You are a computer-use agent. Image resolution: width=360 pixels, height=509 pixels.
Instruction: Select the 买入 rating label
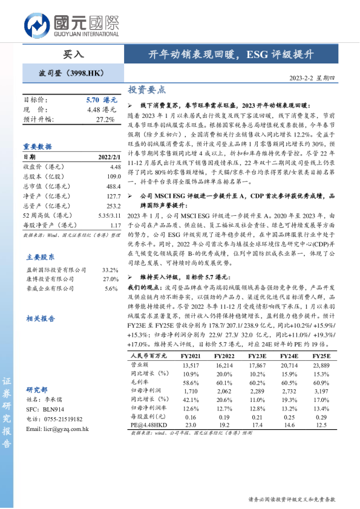click(73, 54)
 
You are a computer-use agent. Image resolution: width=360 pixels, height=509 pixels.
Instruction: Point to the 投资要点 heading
click(147, 90)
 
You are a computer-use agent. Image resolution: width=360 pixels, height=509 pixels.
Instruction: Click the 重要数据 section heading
click(38, 146)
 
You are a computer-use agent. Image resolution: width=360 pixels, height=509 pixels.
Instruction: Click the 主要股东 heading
click(38, 239)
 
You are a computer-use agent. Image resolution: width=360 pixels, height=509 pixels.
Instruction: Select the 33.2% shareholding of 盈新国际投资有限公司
click(109, 253)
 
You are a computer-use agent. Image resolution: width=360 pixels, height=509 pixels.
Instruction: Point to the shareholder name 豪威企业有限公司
click(46, 272)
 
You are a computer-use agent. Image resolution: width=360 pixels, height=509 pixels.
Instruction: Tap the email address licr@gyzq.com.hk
click(58, 429)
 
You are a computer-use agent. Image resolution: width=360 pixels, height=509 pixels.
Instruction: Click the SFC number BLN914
click(50, 409)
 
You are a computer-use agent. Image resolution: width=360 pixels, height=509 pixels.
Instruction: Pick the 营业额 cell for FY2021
click(191, 366)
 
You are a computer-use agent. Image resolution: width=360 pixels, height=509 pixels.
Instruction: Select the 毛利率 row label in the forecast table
click(140, 383)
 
